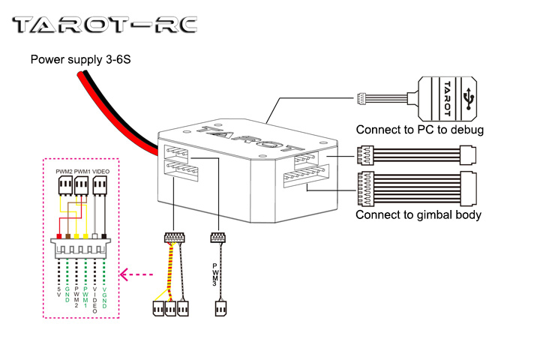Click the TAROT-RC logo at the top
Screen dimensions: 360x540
(106, 25)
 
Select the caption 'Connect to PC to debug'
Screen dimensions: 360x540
(419, 130)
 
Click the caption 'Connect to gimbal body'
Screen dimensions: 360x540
(418, 215)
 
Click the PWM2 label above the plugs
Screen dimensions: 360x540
(64, 172)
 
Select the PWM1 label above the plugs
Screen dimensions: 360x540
(82, 172)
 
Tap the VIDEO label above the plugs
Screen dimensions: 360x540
(101, 172)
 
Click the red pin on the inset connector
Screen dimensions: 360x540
(59, 236)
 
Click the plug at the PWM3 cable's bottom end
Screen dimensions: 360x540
(220, 307)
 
